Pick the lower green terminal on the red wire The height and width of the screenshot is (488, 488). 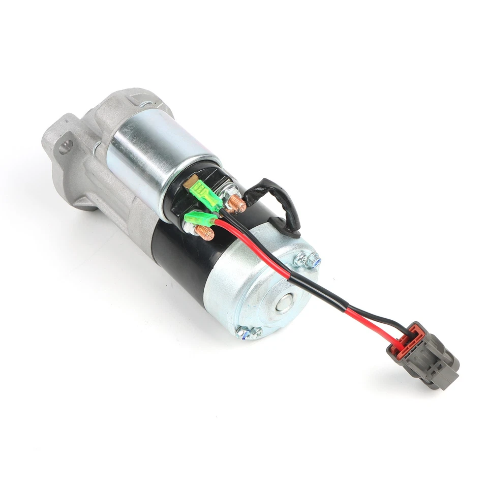coord(196,220)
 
